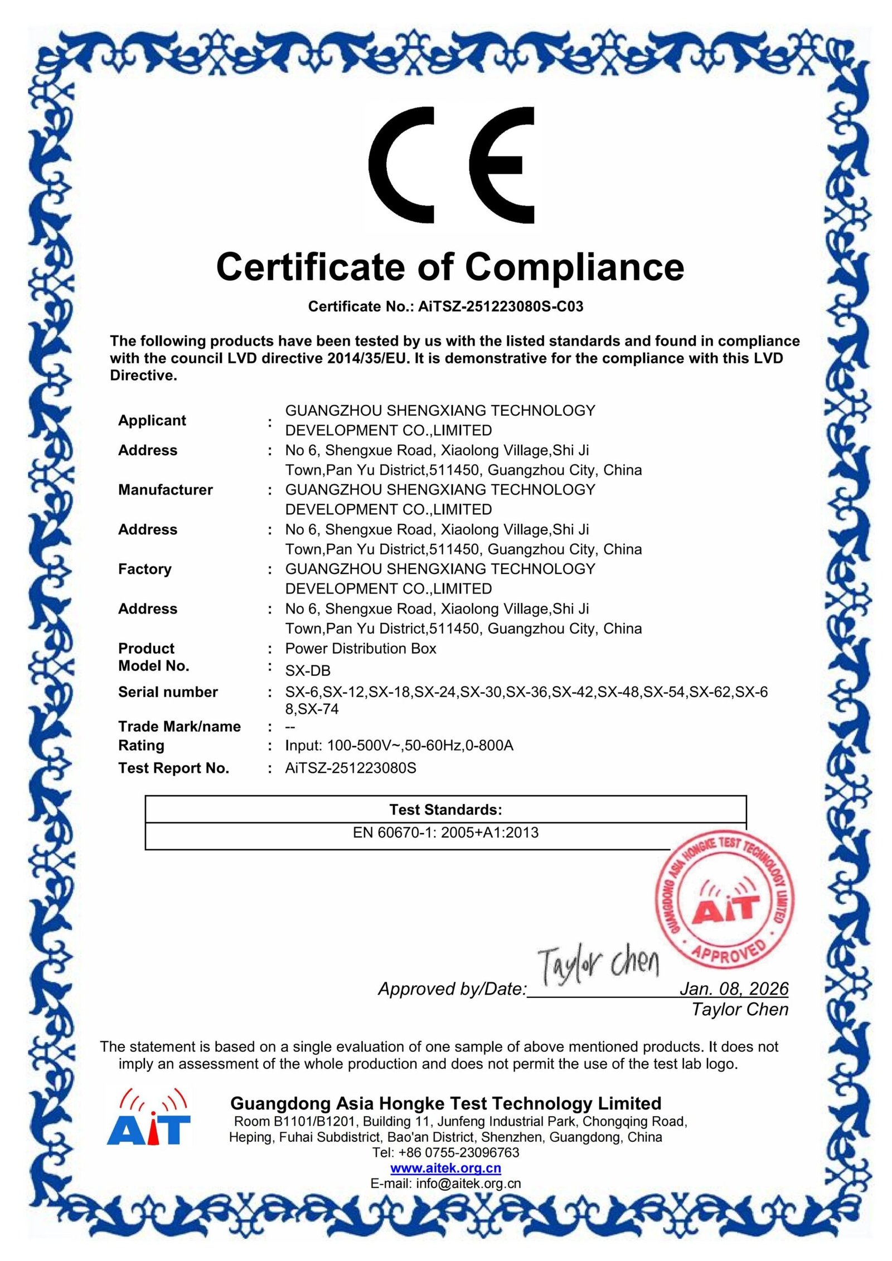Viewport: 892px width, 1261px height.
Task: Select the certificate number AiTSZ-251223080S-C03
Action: [500, 306]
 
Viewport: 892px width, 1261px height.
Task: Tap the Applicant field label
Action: [152, 420]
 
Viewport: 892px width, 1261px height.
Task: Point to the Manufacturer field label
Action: [165, 490]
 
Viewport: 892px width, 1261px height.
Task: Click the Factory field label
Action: [144, 569]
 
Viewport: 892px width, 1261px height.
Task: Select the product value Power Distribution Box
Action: [360, 649]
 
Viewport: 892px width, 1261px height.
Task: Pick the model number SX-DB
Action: [308, 670]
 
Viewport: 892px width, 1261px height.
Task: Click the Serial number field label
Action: [168, 692]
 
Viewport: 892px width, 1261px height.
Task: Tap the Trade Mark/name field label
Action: [179, 727]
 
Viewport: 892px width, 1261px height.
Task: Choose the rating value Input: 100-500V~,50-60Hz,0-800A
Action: [399, 746]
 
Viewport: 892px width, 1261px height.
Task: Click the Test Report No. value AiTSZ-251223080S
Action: [350, 768]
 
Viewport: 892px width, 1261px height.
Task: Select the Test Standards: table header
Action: [445, 810]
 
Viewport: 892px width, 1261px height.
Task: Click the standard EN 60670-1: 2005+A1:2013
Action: [445, 832]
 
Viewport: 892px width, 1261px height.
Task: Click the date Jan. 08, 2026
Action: [733, 989]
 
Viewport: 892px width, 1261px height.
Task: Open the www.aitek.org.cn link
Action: [445, 1167]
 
